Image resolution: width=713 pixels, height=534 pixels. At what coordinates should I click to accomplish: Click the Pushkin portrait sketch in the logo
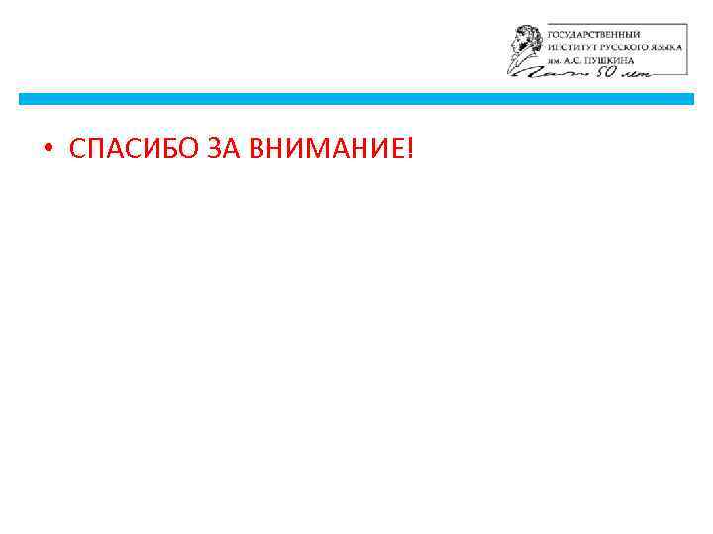click(525, 48)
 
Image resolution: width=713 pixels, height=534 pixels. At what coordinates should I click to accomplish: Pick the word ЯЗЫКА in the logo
click(662, 46)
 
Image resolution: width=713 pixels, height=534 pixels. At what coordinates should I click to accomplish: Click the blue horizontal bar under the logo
click(356, 99)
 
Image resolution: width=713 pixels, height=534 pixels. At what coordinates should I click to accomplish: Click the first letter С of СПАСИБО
click(77, 149)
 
